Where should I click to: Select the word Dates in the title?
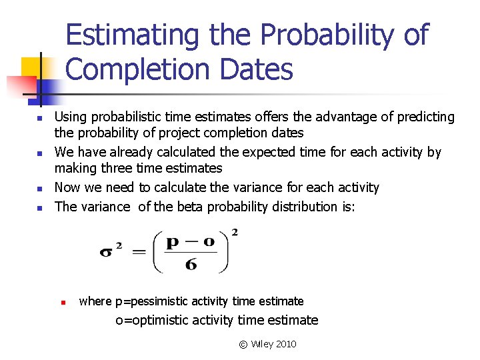tap(267, 69)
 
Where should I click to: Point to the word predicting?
tap(425, 117)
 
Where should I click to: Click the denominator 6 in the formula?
tap(191, 264)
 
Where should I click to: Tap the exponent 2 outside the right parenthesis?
tap(234, 233)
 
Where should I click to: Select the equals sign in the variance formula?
tap(138, 253)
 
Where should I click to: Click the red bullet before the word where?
tap(61, 302)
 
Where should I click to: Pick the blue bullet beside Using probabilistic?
tap(39, 119)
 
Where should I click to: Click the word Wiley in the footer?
tap(261, 344)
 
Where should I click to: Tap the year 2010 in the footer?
tap(285, 344)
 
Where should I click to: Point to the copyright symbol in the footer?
tap(243, 345)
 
